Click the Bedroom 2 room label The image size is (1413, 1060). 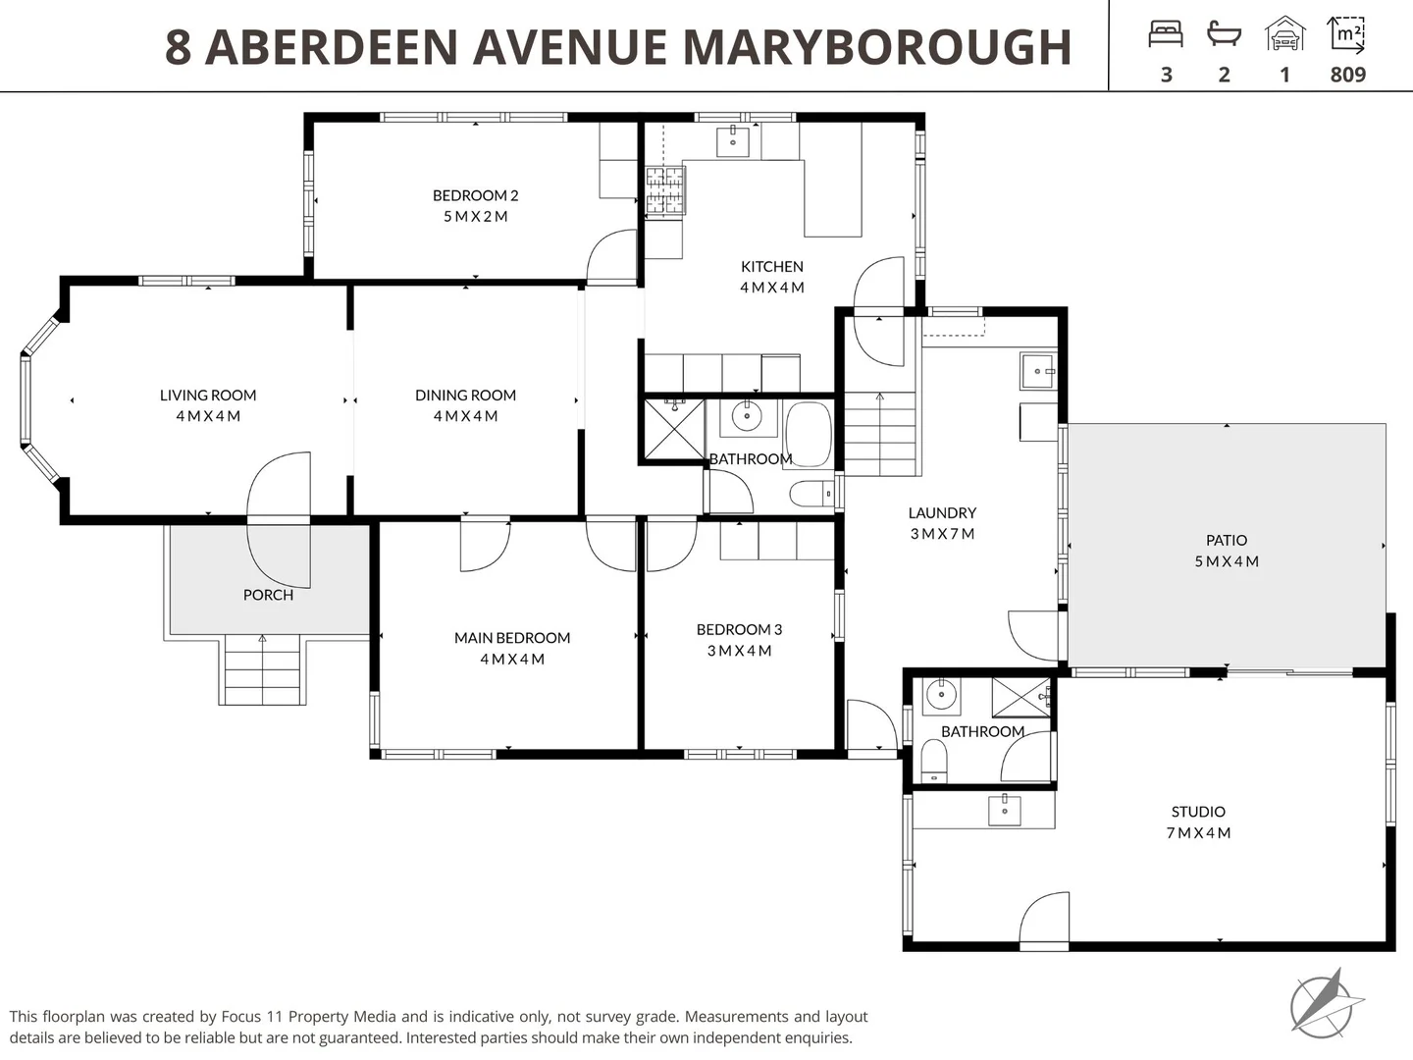click(475, 195)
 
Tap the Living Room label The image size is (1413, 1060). click(208, 395)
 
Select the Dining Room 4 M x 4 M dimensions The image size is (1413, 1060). click(465, 416)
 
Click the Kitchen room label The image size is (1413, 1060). click(771, 266)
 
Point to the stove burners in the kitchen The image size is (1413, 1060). click(664, 190)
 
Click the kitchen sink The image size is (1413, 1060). click(732, 140)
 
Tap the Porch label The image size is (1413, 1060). click(268, 595)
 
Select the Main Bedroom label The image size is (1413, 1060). click(511, 638)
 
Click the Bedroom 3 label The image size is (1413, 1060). click(739, 629)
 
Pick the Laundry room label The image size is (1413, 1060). click(942, 512)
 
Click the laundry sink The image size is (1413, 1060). click(1037, 372)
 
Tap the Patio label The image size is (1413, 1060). click(1227, 540)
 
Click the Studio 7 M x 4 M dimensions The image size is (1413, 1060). click(1198, 833)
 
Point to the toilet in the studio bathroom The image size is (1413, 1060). click(934, 761)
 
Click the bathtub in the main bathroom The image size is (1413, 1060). click(809, 434)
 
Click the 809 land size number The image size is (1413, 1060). click(1347, 75)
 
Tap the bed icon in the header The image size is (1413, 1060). click(1166, 35)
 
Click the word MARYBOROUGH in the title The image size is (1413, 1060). click(876, 47)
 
